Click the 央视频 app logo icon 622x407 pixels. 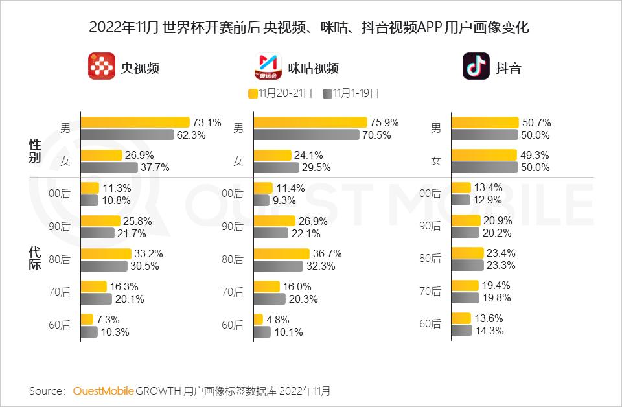click(x=101, y=67)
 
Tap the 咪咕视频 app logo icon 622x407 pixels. click(x=266, y=67)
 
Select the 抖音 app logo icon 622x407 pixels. click(x=476, y=67)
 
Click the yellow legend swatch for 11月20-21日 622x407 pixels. click(x=253, y=93)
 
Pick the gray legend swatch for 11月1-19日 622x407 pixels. click(x=327, y=93)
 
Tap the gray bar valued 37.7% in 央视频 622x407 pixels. click(x=109, y=167)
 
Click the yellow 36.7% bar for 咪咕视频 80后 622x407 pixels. click(x=281, y=253)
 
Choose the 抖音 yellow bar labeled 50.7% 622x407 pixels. click(x=485, y=122)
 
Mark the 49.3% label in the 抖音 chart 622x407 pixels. click(x=535, y=155)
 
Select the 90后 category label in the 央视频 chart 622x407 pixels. click(x=60, y=227)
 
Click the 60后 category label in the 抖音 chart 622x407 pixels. click(x=430, y=324)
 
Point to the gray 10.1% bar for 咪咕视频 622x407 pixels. click(x=262, y=332)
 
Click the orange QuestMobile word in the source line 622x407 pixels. click(x=104, y=391)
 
